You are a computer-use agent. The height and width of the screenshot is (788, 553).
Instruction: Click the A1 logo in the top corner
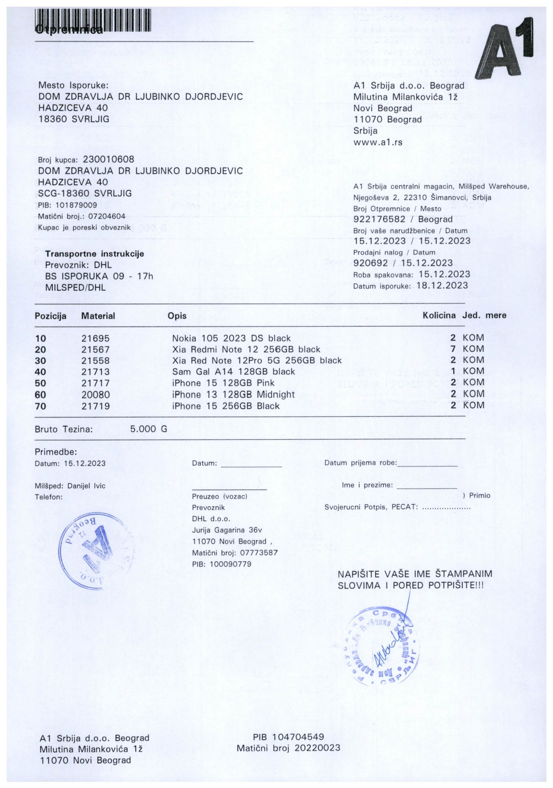[504, 49]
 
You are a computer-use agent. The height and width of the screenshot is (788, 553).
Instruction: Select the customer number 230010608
[109, 160]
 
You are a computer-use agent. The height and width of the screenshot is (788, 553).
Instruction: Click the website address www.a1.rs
[377, 142]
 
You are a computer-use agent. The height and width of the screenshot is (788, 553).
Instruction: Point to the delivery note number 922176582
[379, 219]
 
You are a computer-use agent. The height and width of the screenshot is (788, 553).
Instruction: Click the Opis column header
[177, 316]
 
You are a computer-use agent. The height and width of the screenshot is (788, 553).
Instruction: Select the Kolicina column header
[439, 315]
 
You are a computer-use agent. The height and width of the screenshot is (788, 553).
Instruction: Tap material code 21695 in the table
[95, 338]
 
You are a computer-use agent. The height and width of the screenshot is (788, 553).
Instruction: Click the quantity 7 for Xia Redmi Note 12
[453, 349]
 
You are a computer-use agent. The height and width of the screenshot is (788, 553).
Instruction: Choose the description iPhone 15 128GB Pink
[223, 383]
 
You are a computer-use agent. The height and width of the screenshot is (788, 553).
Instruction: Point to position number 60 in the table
[40, 395]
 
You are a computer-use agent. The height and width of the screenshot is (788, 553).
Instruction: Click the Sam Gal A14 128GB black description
[233, 372]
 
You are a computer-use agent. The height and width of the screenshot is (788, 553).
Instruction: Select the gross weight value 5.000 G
[148, 429]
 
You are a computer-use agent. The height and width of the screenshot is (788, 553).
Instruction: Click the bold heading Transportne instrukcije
[95, 254]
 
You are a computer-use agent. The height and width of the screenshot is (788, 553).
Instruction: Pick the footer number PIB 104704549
[288, 737]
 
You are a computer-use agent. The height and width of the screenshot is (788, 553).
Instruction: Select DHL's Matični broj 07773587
[259, 553]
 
